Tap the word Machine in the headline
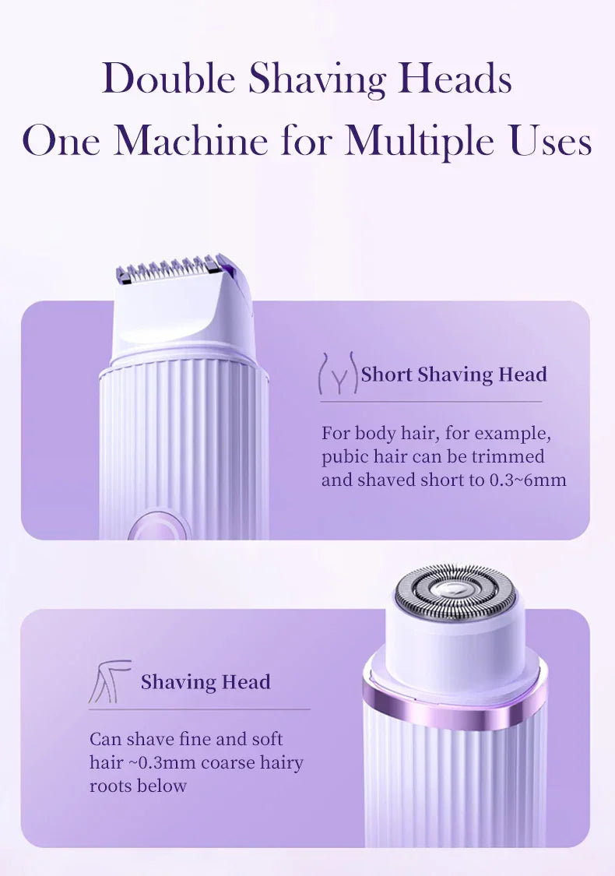point(192,142)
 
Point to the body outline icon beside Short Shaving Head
point(338,374)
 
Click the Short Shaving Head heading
point(454,375)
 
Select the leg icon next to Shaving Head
point(109,682)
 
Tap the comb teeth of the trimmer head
point(167,273)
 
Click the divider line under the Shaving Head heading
point(199,709)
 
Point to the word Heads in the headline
point(457,79)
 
